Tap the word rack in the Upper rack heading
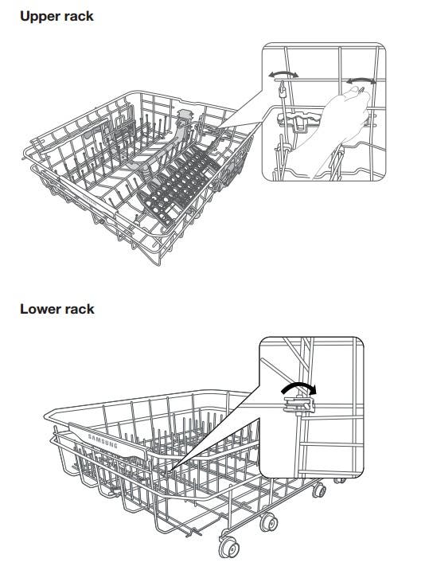click(80, 16)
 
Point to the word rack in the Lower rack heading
click(80, 309)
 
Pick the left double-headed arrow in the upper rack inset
click(283, 74)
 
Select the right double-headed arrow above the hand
click(361, 80)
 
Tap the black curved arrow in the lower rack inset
click(298, 386)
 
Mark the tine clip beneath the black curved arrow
click(299, 404)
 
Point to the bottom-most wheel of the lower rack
click(228, 547)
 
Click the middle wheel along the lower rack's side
click(268, 522)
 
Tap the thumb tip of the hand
click(354, 89)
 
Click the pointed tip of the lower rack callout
click(170, 470)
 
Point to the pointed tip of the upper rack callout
click(218, 128)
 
